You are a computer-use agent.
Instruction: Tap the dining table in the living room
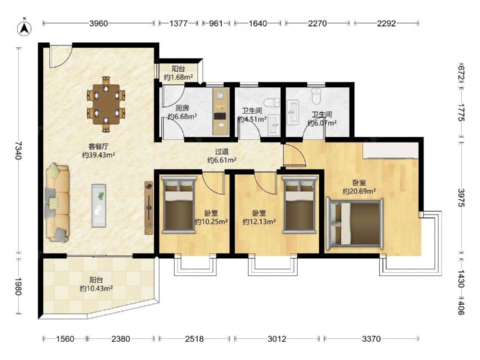[x=106, y=104]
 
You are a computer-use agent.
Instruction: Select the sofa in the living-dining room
[x=57, y=203]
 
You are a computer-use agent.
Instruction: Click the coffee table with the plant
[x=99, y=205]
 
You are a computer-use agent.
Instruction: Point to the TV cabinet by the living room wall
[x=149, y=208]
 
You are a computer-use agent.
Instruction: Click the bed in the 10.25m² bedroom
[x=179, y=204]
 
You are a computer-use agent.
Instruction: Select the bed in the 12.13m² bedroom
[x=299, y=204]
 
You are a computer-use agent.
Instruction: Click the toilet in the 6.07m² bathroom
[x=316, y=96]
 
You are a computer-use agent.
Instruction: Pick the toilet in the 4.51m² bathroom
[x=272, y=102]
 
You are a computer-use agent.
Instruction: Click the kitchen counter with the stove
[x=221, y=111]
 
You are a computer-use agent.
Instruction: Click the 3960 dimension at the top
[x=98, y=23]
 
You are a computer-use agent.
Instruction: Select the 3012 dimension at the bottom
[x=277, y=339]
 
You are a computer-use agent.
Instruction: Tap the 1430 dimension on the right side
[x=461, y=278]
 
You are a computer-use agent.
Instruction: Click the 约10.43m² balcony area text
[x=96, y=288]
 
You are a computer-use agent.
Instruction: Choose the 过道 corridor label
[x=222, y=152]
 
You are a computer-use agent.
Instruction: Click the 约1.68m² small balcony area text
[x=178, y=77]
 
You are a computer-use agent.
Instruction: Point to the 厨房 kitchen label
[x=182, y=108]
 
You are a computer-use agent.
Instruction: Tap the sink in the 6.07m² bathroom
[x=293, y=113]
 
